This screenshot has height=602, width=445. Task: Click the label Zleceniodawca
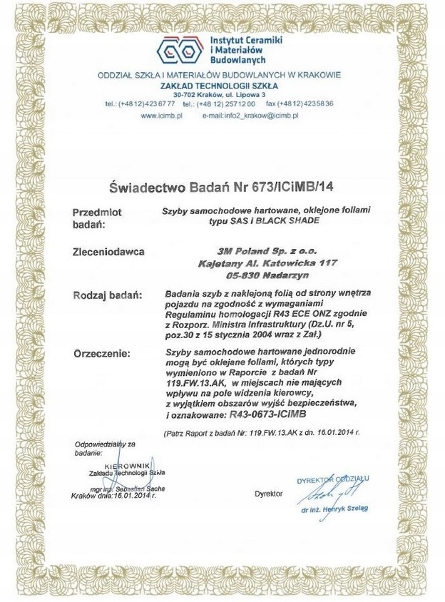coord(108,252)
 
